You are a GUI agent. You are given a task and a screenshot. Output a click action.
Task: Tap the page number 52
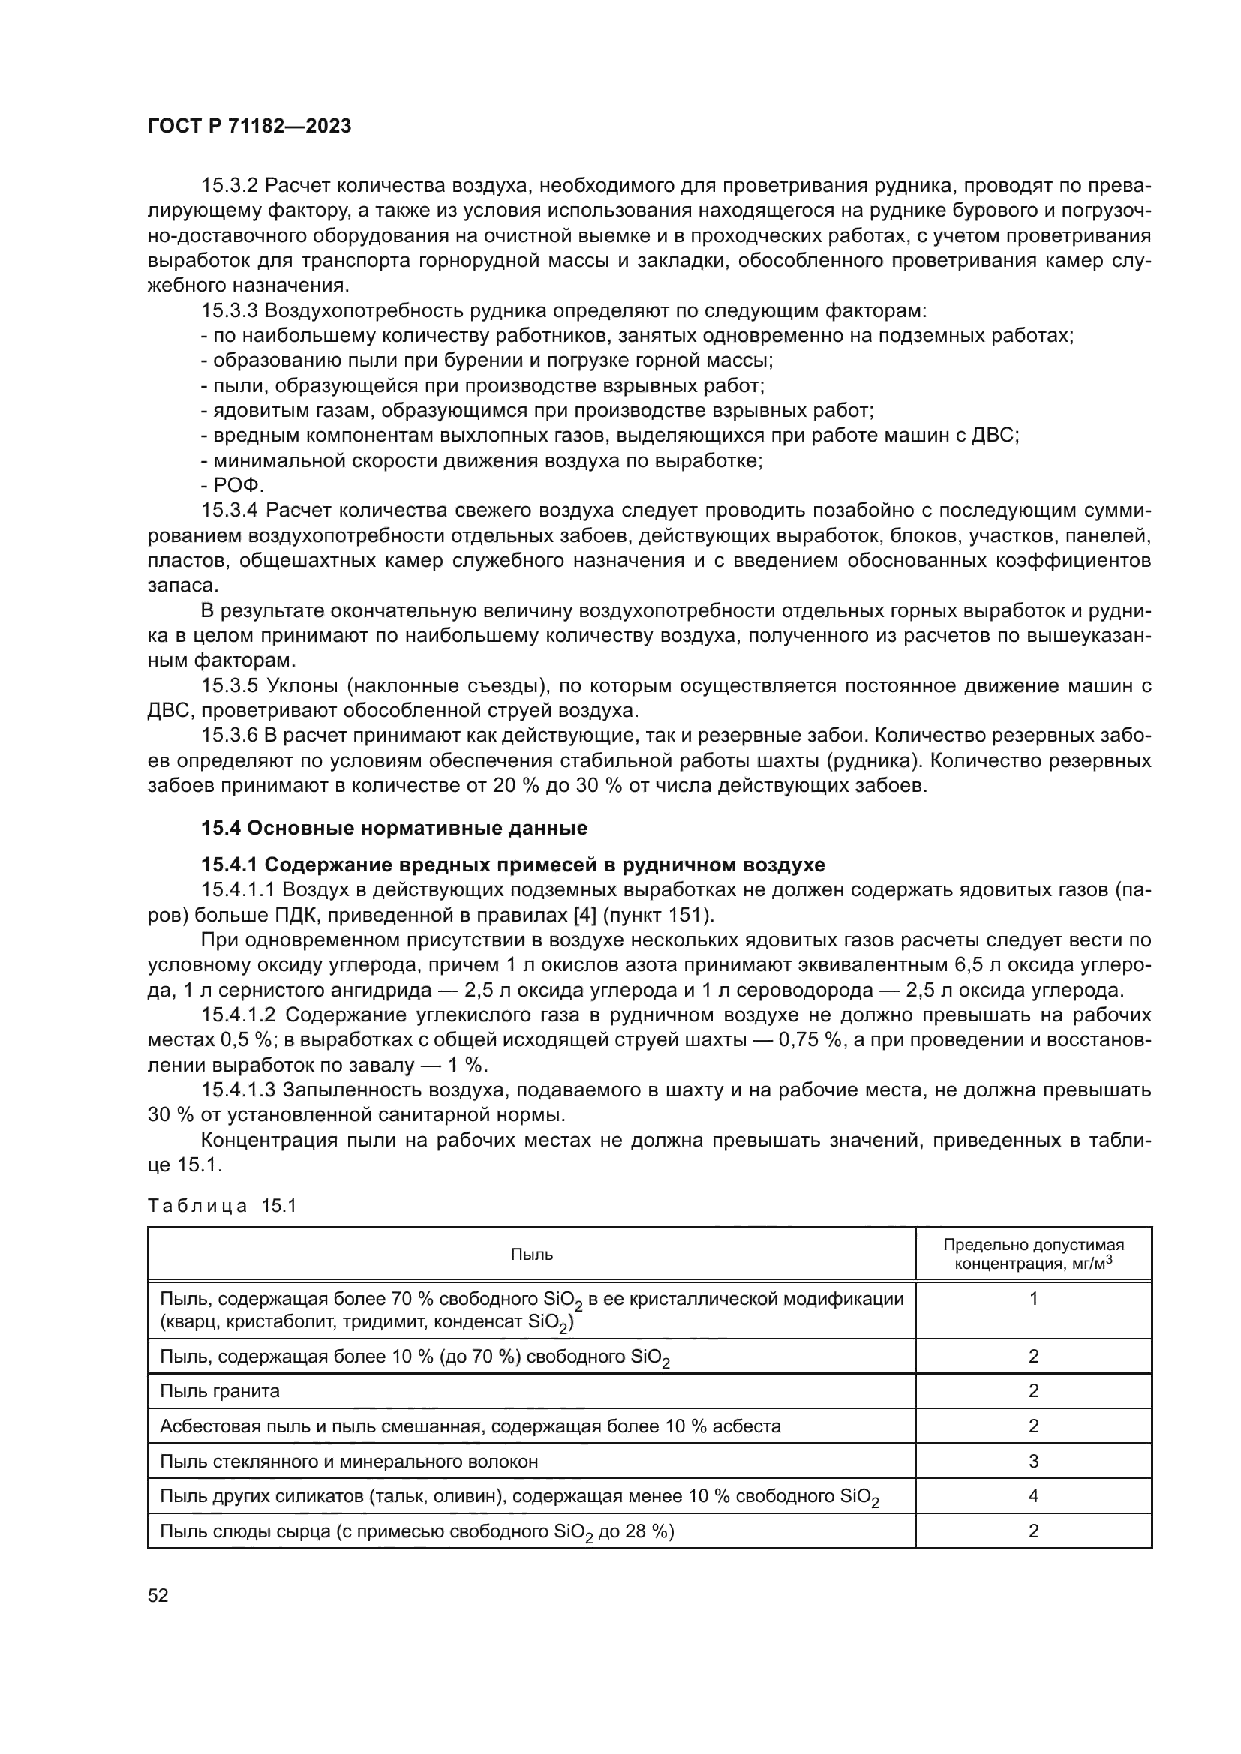click(158, 1595)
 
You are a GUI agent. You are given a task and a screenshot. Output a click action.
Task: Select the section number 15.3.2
click(230, 186)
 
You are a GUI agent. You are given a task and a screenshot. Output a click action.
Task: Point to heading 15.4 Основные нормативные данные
click(395, 828)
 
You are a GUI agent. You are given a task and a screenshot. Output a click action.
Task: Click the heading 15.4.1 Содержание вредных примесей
click(512, 865)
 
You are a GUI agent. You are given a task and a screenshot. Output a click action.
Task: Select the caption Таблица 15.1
click(221, 1206)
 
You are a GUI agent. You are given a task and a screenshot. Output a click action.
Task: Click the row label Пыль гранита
click(220, 1391)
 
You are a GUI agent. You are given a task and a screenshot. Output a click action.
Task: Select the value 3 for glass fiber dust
click(1033, 1462)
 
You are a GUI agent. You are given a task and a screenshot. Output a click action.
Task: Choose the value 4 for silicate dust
click(1033, 1496)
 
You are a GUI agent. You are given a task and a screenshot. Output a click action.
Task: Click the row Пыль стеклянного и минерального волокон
click(348, 1462)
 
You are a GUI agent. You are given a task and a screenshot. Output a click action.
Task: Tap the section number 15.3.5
click(230, 686)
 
